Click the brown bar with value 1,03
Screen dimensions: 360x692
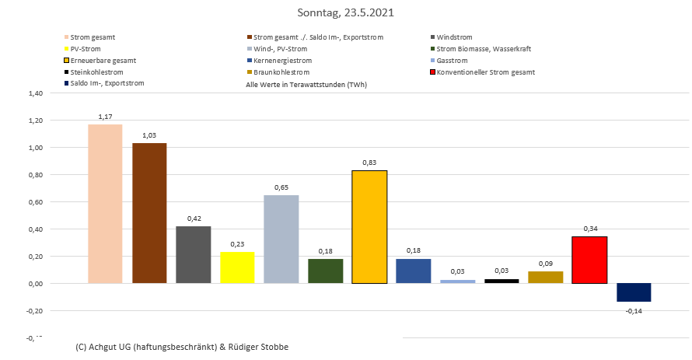click(149, 213)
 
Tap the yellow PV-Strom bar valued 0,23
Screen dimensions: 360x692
click(237, 267)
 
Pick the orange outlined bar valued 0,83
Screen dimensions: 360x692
click(369, 227)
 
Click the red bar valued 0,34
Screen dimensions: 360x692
click(589, 260)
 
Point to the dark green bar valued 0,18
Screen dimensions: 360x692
click(325, 271)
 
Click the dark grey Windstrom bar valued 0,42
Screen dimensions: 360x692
click(193, 254)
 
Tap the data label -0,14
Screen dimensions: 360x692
click(634, 311)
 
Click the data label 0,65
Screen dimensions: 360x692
click(281, 187)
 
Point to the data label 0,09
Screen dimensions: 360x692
click(546, 264)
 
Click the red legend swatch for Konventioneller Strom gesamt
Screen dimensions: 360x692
click(432, 72)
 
